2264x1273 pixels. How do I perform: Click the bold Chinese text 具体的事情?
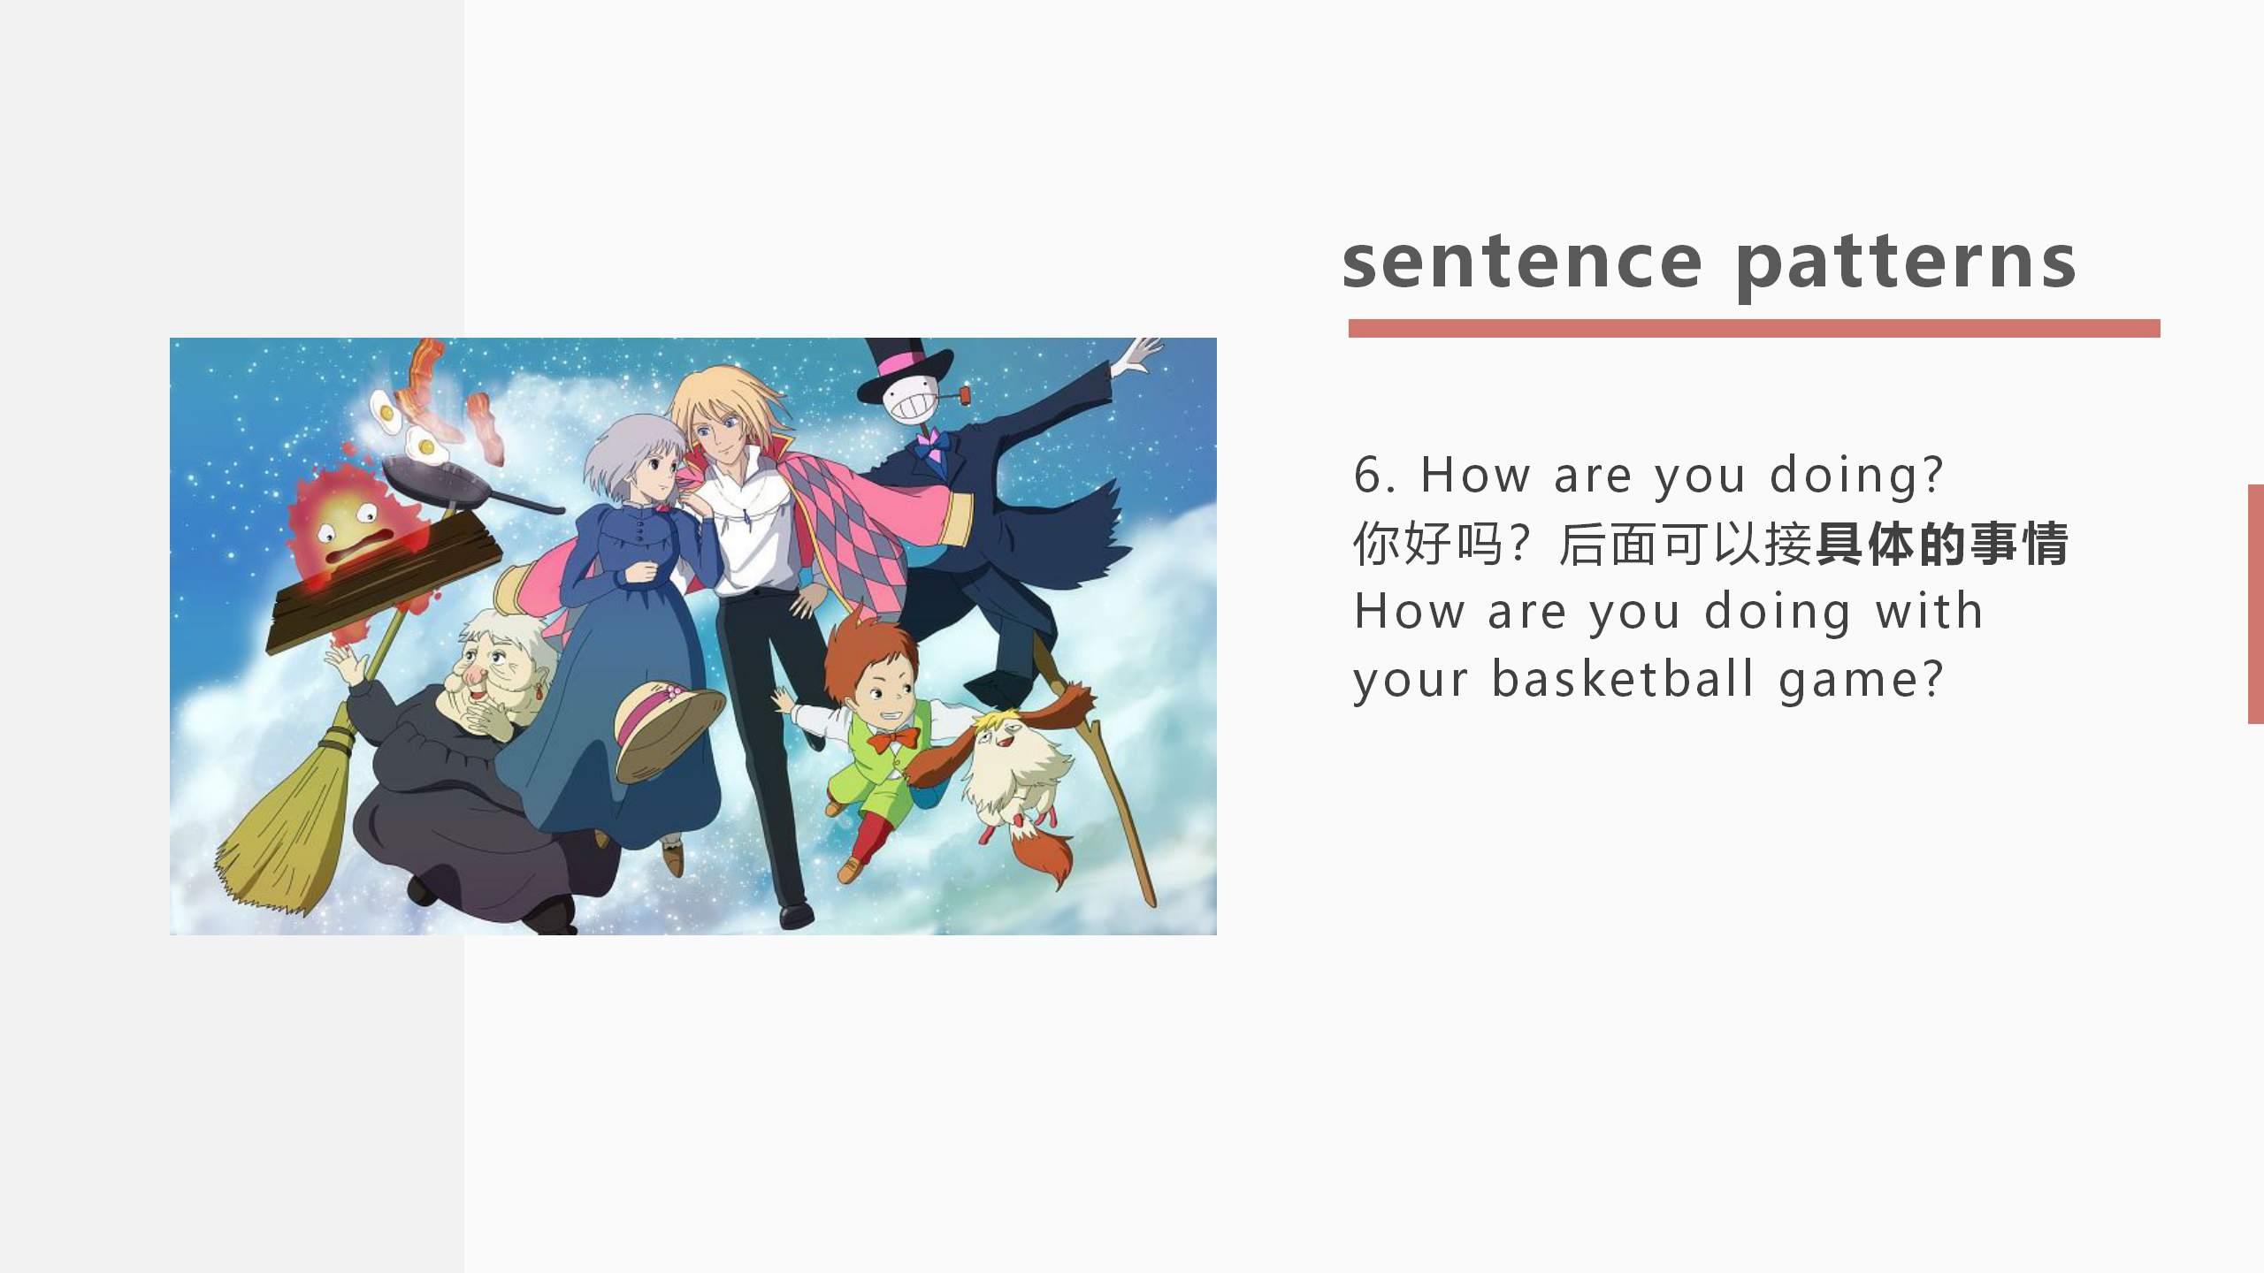pos(1942,544)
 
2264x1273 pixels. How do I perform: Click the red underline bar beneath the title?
pos(1754,329)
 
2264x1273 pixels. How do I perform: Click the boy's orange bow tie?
pos(893,739)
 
